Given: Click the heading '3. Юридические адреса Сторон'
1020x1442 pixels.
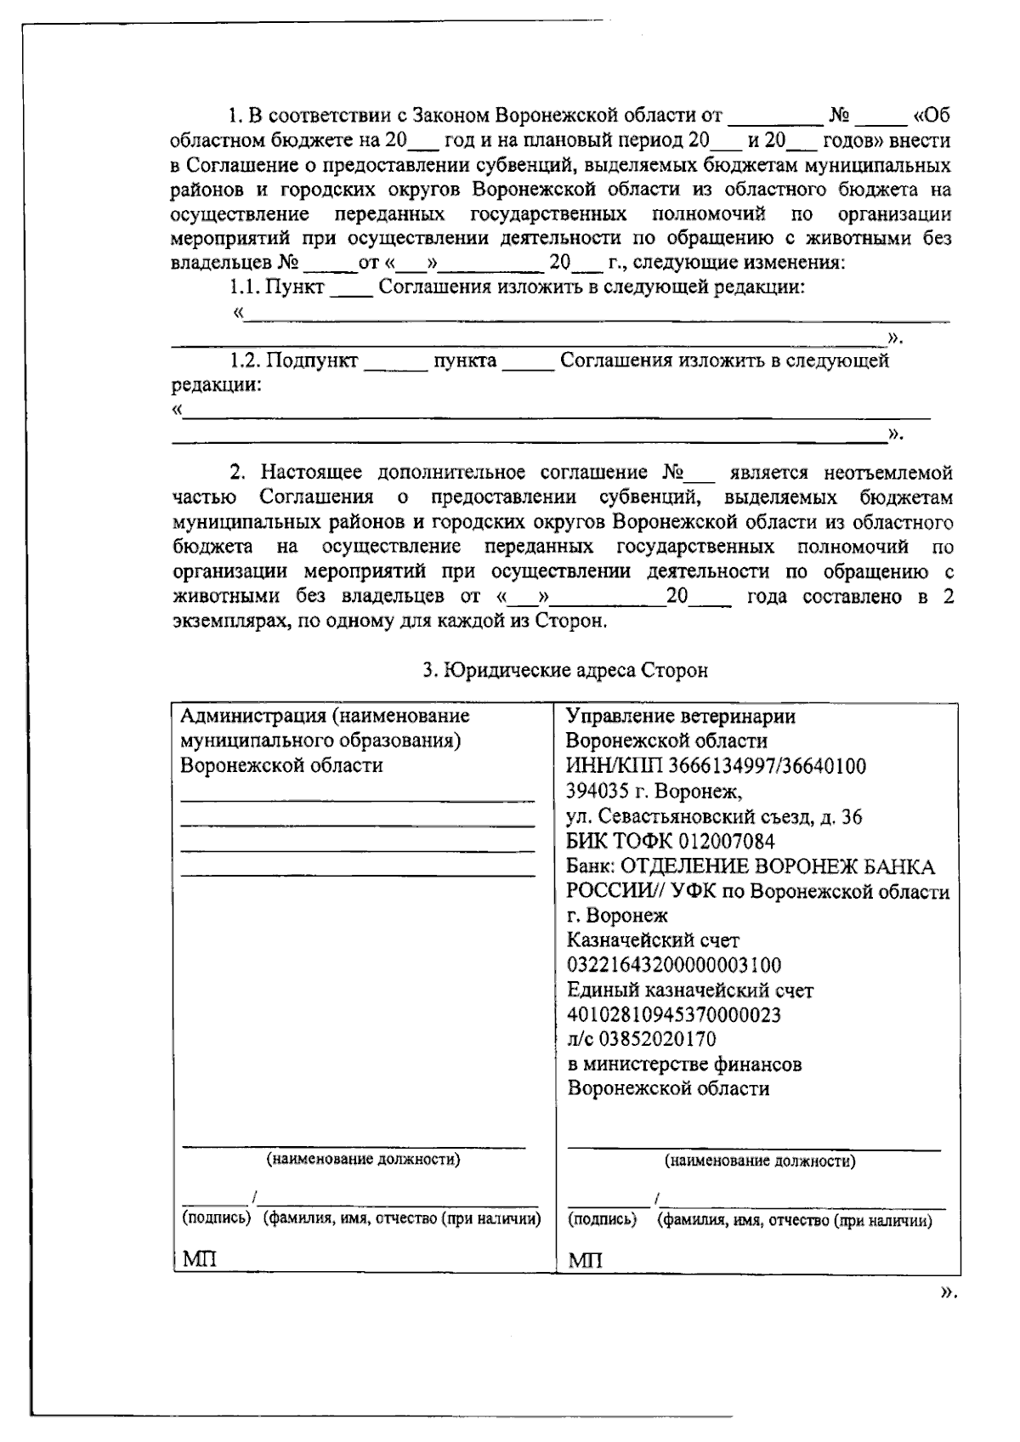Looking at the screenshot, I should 565,671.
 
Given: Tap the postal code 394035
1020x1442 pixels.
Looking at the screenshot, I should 598,792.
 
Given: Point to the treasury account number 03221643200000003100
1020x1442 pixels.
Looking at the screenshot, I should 674,966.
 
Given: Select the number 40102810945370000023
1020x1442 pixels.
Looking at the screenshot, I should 674,1015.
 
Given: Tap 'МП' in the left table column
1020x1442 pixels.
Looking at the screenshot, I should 199,1258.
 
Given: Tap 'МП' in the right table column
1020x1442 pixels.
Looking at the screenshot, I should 585,1259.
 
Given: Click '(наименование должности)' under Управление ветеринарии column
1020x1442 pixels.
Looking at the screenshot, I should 759,1161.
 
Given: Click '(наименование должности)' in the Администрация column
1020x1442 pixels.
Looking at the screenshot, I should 364,1159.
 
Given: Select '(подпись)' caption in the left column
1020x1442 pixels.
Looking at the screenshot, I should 217,1218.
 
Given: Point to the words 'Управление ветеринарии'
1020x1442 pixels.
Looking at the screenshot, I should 681,716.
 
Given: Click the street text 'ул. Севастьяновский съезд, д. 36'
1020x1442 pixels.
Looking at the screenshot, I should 714,817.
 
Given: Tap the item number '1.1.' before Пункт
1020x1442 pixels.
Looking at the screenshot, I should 244,287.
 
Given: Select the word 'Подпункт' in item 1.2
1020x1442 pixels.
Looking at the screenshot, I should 312,360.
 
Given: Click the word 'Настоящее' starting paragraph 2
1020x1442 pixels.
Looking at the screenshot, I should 311,473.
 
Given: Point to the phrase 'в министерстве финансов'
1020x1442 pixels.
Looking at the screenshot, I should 684,1064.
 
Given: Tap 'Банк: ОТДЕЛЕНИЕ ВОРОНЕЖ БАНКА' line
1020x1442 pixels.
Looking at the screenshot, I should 750,867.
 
